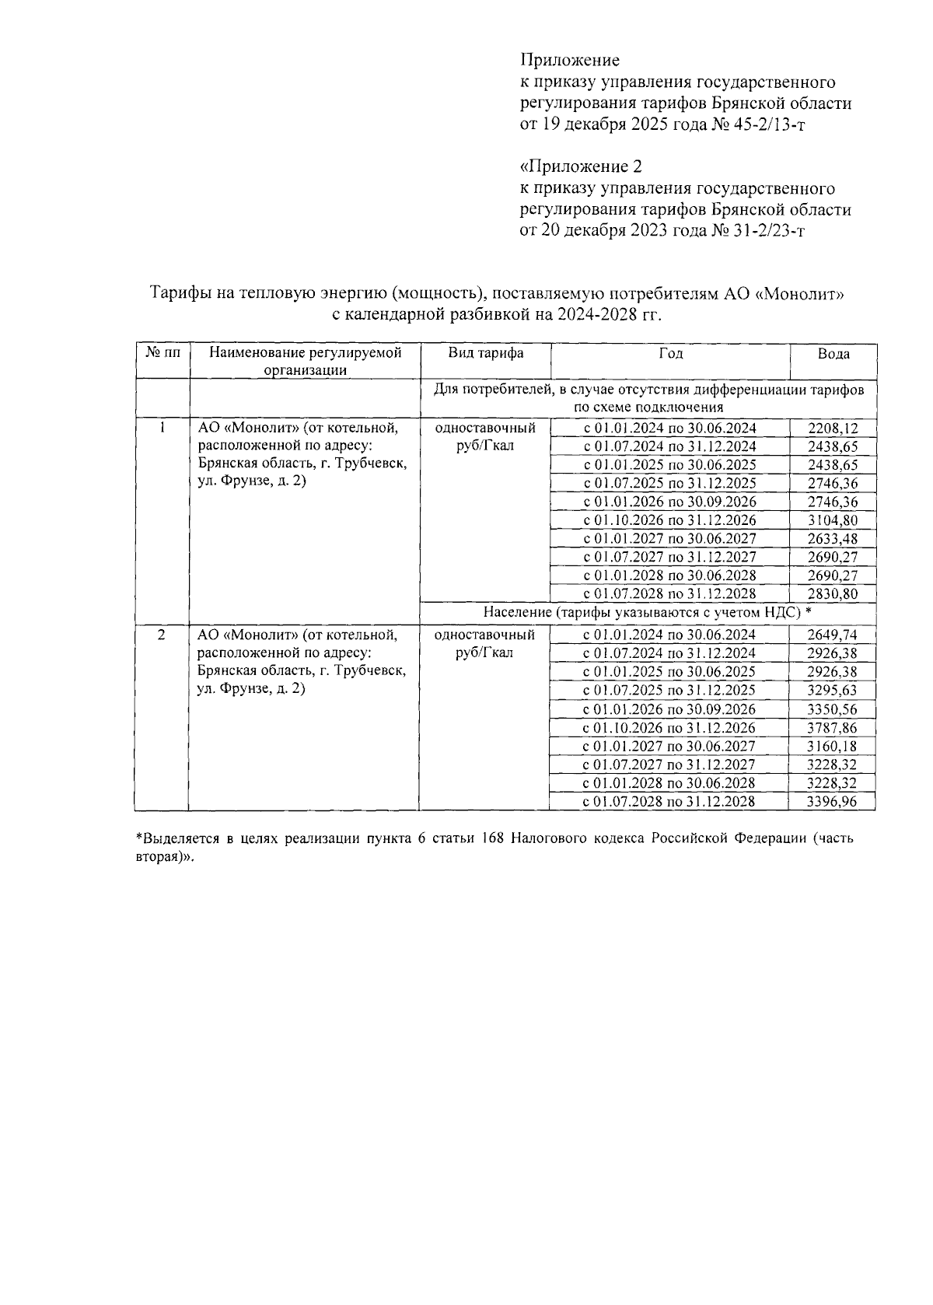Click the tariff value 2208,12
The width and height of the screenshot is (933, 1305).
tap(833, 429)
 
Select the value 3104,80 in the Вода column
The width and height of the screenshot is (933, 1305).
tap(833, 520)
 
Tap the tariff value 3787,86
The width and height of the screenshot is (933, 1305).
tap(833, 728)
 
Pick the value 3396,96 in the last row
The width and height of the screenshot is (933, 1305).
tap(833, 802)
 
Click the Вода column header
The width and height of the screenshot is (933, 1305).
tap(833, 354)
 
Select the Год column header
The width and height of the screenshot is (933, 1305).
tap(670, 353)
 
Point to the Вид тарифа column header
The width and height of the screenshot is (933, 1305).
tap(486, 353)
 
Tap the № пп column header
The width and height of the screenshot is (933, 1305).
tap(162, 353)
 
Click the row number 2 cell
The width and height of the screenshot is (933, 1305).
tap(162, 635)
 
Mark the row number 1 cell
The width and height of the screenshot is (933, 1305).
tap(162, 427)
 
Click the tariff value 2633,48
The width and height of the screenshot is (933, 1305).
tap(833, 539)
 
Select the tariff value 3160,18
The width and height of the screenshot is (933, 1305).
tap(833, 747)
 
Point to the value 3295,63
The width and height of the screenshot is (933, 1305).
tap(833, 691)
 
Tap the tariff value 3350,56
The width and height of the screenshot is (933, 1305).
tap(833, 709)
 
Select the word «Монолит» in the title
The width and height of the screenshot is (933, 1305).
tap(799, 295)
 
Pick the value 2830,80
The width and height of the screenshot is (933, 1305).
tap(833, 594)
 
